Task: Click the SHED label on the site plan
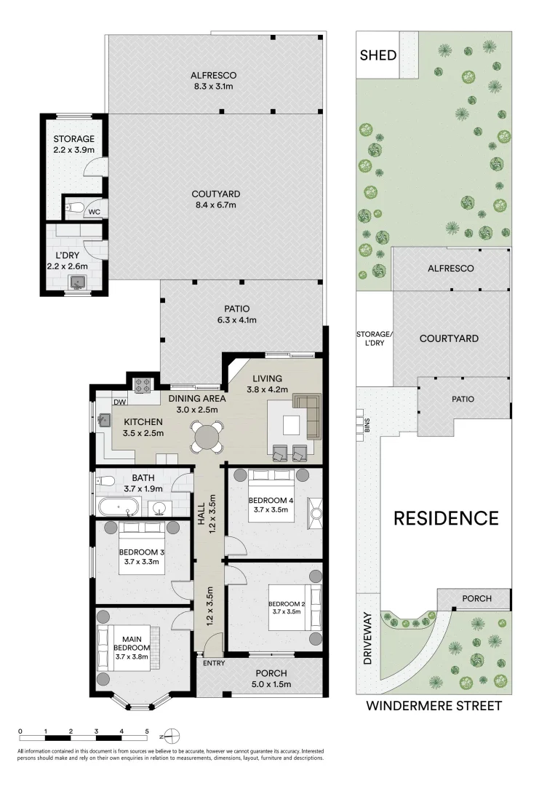coord(377,55)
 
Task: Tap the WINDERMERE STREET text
coord(434,705)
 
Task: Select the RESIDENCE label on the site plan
coord(446,518)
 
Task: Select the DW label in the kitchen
coord(120,402)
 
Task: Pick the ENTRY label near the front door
coord(214,663)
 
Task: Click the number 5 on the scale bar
coord(147,731)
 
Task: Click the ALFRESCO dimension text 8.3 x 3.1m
coord(213,87)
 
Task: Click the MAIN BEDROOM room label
coord(132,647)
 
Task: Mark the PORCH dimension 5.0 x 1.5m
coord(271,684)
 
